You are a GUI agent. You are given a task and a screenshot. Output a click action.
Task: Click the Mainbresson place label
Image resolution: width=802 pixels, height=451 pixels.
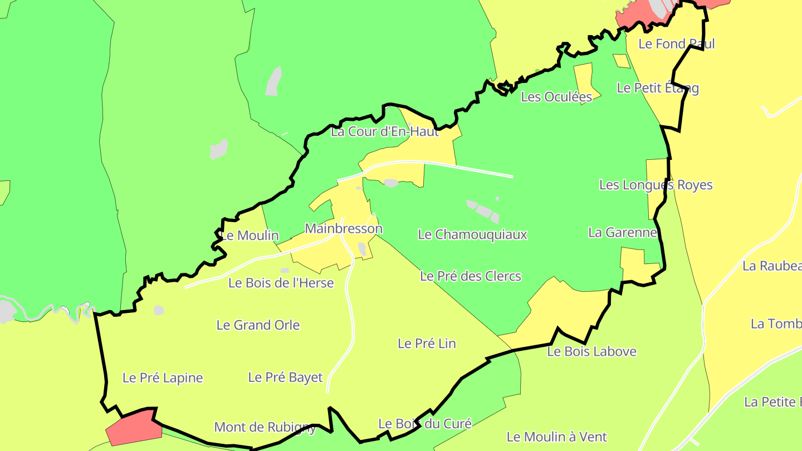click(344, 228)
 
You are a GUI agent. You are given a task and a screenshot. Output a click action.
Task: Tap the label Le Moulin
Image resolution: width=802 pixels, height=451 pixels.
click(250, 236)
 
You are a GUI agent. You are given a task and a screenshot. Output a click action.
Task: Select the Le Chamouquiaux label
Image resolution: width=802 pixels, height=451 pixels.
click(472, 234)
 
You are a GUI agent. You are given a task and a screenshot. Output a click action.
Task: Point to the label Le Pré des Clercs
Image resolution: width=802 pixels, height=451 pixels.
click(471, 276)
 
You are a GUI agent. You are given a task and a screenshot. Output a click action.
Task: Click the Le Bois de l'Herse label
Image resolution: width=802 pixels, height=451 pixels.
click(281, 283)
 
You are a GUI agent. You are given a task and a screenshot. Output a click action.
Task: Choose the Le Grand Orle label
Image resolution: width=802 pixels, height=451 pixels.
click(258, 325)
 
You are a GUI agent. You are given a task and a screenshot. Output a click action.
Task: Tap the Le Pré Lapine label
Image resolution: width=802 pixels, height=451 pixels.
click(163, 378)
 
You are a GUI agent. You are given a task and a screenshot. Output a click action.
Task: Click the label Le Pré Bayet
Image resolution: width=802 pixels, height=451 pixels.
click(285, 378)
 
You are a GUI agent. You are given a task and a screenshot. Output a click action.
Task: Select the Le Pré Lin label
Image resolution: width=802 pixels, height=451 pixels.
click(427, 344)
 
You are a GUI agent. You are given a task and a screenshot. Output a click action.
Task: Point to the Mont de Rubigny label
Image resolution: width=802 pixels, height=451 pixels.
click(265, 427)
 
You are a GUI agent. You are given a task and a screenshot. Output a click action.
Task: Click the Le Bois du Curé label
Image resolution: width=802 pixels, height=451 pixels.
click(425, 424)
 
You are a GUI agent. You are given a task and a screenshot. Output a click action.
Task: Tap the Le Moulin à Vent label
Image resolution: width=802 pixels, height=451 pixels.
click(556, 437)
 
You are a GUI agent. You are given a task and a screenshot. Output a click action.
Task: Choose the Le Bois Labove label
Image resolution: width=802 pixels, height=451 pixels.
click(591, 351)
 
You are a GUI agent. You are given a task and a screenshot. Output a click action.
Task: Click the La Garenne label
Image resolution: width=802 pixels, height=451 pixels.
click(623, 232)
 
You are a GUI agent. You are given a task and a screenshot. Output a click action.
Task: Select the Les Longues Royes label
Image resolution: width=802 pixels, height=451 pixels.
click(656, 185)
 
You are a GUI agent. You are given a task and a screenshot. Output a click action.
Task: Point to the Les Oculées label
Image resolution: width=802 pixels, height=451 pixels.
click(556, 97)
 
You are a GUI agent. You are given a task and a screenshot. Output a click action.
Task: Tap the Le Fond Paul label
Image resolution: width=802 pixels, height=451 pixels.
click(676, 43)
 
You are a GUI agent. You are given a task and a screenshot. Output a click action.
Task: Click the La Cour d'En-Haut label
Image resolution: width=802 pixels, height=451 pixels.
click(385, 132)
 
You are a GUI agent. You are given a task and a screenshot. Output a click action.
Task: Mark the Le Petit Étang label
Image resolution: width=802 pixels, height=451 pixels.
click(658, 88)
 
